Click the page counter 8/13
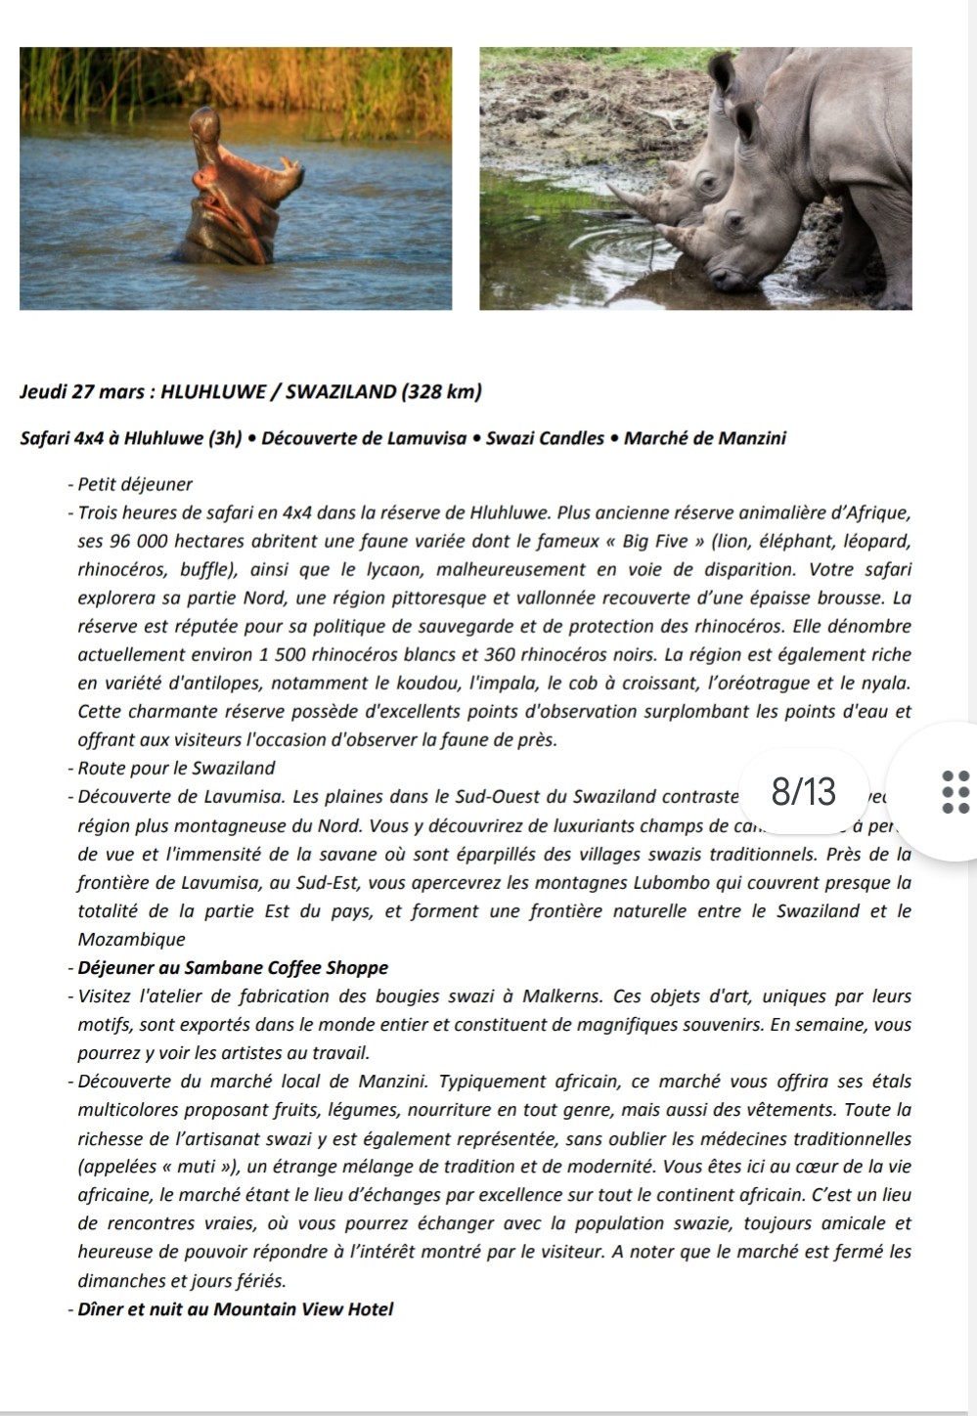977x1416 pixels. pyautogui.click(x=804, y=790)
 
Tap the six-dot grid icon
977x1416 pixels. pyautogui.click(x=955, y=791)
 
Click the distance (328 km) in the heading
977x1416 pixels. pyautogui.click(x=440, y=392)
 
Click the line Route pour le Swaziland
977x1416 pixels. pyautogui.click(x=176, y=769)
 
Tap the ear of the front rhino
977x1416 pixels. pyautogui.click(x=745, y=122)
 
